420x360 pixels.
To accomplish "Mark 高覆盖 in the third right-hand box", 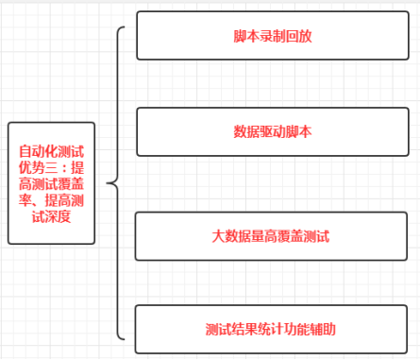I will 282,235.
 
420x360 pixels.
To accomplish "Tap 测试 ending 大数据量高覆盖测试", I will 316,235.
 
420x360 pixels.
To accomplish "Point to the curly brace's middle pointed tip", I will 109,182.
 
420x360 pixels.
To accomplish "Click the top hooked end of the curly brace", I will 124,28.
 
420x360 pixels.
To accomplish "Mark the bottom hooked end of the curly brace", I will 124,337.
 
